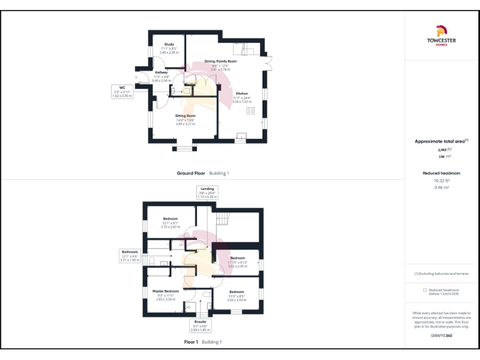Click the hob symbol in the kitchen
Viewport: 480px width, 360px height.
click(x=251, y=110)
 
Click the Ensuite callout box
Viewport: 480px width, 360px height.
click(x=201, y=326)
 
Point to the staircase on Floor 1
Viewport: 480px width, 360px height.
click(x=222, y=219)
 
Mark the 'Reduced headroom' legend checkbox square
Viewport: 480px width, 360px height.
click(x=425, y=290)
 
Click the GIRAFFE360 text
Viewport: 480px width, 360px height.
click(x=441, y=336)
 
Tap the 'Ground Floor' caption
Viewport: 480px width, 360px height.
click(x=191, y=173)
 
